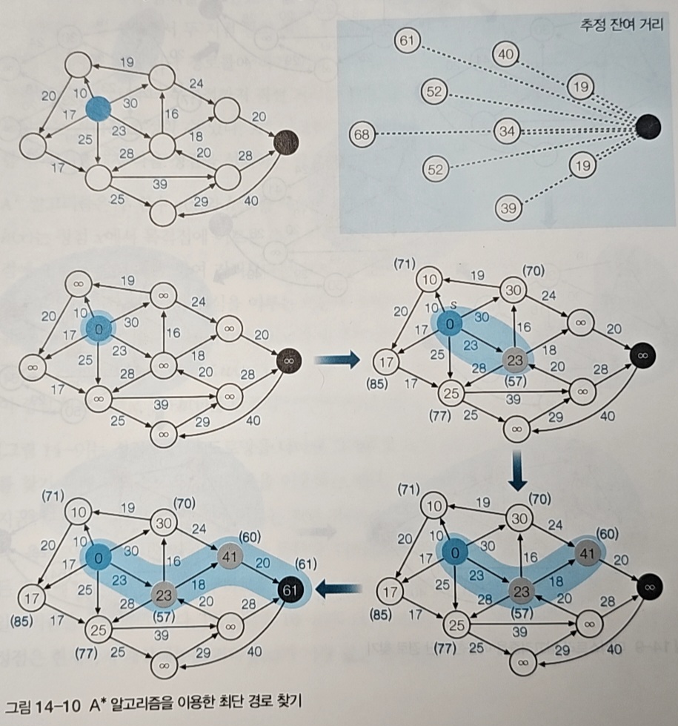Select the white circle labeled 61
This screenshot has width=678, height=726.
(405, 42)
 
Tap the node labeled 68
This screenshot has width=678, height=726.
(362, 135)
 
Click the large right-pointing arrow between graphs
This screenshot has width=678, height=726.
(337, 360)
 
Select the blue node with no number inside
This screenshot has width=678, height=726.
(98, 110)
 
